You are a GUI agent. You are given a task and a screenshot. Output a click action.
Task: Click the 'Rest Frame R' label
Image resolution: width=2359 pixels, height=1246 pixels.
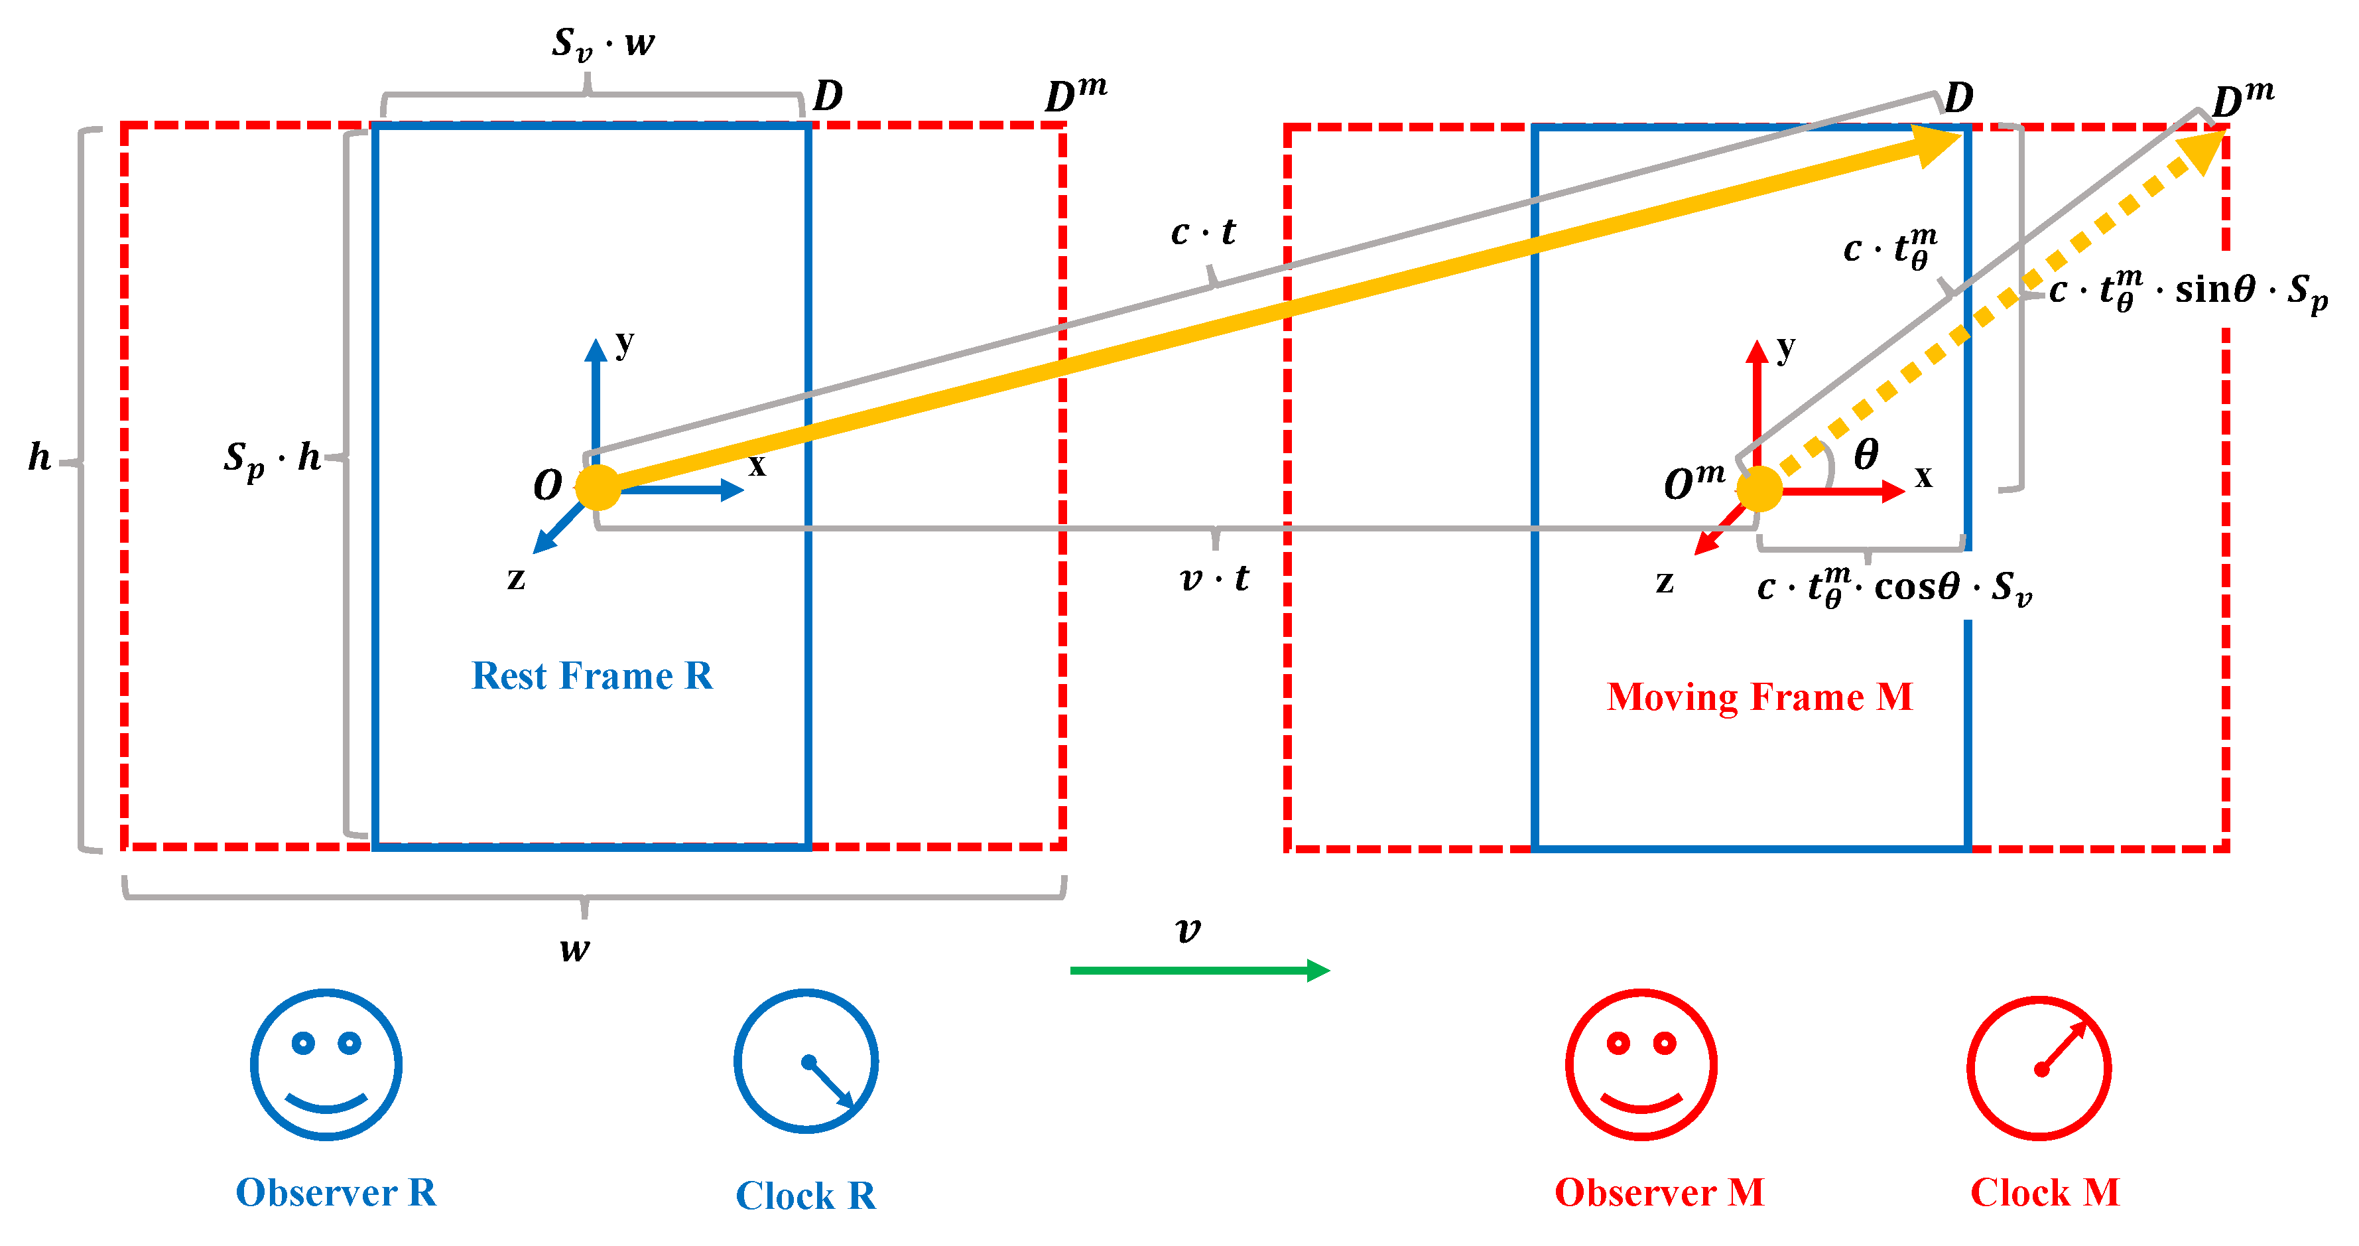click(x=592, y=676)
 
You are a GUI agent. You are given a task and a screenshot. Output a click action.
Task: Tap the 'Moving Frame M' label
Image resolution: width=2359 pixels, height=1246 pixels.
click(x=1759, y=697)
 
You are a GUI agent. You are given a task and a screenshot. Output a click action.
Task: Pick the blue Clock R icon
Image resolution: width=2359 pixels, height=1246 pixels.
click(x=806, y=1061)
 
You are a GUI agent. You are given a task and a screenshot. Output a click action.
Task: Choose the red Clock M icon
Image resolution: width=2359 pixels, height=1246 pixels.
click(x=2039, y=1068)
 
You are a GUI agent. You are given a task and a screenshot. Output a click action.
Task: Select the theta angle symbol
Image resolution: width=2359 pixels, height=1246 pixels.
click(x=1866, y=454)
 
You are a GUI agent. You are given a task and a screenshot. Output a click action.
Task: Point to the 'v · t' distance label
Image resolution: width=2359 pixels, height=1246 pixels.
click(x=1214, y=578)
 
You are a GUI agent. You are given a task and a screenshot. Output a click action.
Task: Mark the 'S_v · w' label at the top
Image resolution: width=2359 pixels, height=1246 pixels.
click(x=603, y=43)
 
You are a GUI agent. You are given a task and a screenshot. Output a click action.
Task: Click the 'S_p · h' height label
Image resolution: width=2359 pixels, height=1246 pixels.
click(x=272, y=457)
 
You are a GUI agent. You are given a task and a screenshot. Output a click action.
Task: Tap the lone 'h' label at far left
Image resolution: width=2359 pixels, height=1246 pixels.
click(x=38, y=456)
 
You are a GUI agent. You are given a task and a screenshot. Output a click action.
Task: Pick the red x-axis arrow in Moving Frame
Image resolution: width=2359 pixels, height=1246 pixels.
click(x=1840, y=492)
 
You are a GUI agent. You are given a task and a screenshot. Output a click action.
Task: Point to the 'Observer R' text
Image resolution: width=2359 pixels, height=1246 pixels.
click(x=336, y=1192)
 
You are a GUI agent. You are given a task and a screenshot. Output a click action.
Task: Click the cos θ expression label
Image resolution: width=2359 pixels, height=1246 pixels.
click(x=1894, y=587)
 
